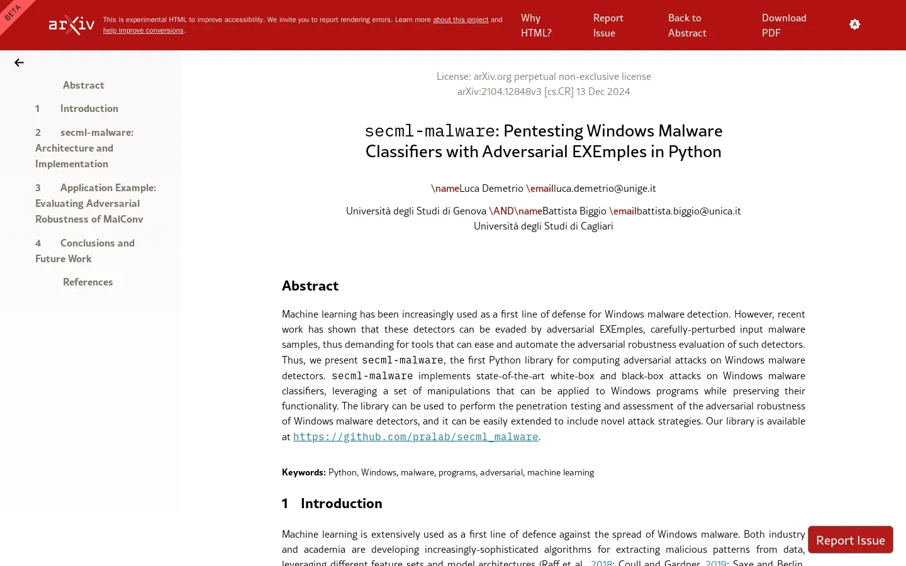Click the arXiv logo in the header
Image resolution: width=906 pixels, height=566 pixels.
click(x=72, y=25)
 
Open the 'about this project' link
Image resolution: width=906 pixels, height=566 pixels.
click(x=461, y=20)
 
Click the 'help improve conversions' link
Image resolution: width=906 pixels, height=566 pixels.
click(x=143, y=31)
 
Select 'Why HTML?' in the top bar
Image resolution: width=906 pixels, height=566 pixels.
click(x=536, y=26)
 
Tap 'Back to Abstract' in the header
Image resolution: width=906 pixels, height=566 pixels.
click(x=687, y=26)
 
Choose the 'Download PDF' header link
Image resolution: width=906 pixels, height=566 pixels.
click(x=784, y=26)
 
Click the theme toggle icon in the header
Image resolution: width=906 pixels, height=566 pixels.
click(x=854, y=25)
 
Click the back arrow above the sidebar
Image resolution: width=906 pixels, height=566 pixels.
click(x=20, y=63)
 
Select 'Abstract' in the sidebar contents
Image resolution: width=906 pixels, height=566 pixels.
click(x=84, y=86)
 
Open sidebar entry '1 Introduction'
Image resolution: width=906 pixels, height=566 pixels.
click(x=89, y=109)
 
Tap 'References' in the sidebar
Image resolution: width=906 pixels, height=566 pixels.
click(x=88, y=282)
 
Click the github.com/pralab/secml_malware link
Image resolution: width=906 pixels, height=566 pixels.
click(x=415, y=437)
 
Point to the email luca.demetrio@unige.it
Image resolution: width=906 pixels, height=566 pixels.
click(x=605, y=189)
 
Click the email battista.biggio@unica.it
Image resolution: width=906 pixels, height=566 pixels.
click(x=688, y=211)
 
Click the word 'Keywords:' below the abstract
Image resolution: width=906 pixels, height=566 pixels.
click(x=304, y=473)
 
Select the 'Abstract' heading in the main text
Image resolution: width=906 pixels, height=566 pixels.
click(x=310, y=286)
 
